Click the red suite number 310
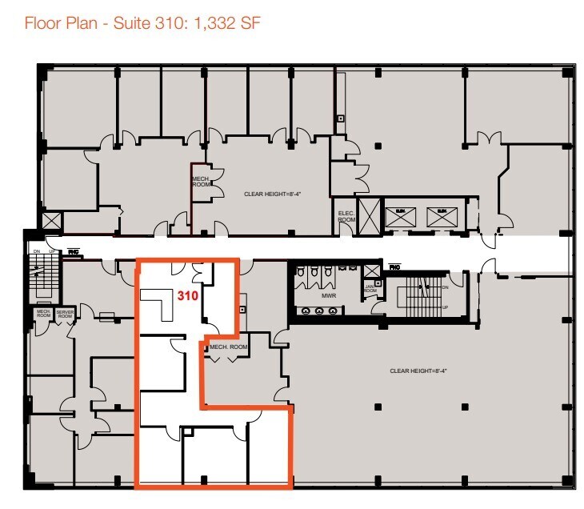pyautogui.click(x=187, y=295)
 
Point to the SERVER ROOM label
pyautogui.click(x=65, y=315)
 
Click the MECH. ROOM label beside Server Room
pyautogui.click(x=42, y=315)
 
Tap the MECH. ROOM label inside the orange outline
pyautogui.click(x=229, y=347)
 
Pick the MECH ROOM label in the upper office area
pyautogui.click(x=200, y=181)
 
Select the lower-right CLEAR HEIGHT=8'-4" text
pyautogui.click(x=417, y=371)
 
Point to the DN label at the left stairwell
pyautogui.click(x=35, y=252)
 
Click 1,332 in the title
pyautogui.click(x=214, y=22)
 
